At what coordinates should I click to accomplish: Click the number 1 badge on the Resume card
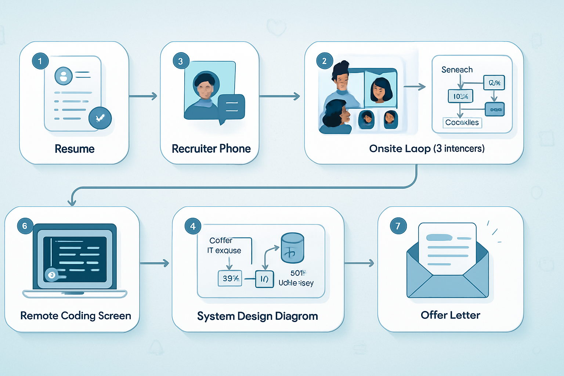pyautogui.click(x=40, y=61)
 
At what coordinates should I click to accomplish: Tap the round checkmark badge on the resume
pyautogui.click(x=100, y=118)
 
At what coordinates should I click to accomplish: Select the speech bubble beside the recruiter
pyautogui.click(x=231, y=107)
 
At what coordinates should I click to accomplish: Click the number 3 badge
pyautogui.click(x=181, y=61)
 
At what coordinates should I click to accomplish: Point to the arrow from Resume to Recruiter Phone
pyautogui.click(x=143, y=96)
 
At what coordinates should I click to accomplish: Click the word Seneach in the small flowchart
pyautogui.click(x=457, y=70)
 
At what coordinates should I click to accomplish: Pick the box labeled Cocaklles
pyautogui.click(x=462, y=122)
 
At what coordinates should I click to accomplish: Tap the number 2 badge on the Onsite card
pyautogui.click(x=324, y=61)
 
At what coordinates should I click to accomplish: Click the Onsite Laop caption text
pyautogui.click(x=427, y=149)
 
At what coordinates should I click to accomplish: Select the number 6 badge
pyautogui.click(x=25, y=226)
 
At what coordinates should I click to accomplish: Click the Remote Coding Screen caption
pyautogui.click(x=76, y=316)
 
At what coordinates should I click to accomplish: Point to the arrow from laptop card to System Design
pyautogui.click(x=154, y=263)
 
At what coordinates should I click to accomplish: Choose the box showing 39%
pyautogui.click(x=230, y=278)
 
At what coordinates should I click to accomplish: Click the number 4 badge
pyautogui.click(x=193, y=226)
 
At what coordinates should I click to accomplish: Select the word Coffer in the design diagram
pyautogui.click(x=221, y=241)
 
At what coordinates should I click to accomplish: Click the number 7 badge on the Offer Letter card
pyautogui.click(x=398, y=226)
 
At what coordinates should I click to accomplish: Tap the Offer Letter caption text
pyautogui.click(x=450, y=315)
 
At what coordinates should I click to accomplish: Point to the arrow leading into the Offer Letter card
pyautogui.click(x=359, y=263)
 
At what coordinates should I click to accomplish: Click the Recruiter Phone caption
pyautogui.click(x=211, y=149)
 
